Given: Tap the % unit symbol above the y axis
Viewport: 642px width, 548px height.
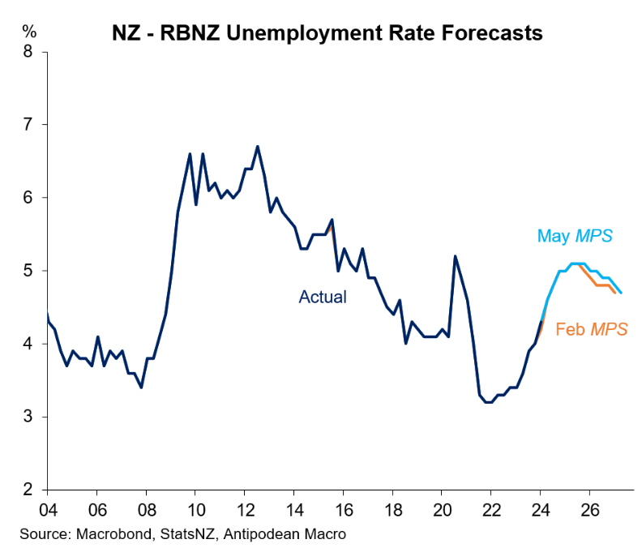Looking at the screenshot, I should [x=29, y=32].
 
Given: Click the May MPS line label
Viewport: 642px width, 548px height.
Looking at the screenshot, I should [x=574, y=237].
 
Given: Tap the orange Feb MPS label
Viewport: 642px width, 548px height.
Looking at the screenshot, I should [x=592, y=329].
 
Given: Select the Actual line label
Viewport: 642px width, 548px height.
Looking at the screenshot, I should [x=323, y=297].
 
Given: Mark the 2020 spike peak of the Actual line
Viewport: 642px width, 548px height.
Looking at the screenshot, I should [x=455, y=256].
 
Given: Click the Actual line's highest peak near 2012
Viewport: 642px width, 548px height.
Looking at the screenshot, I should [x=257, y=147].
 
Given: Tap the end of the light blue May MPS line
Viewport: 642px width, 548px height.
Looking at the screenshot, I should [x=621, y=293].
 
